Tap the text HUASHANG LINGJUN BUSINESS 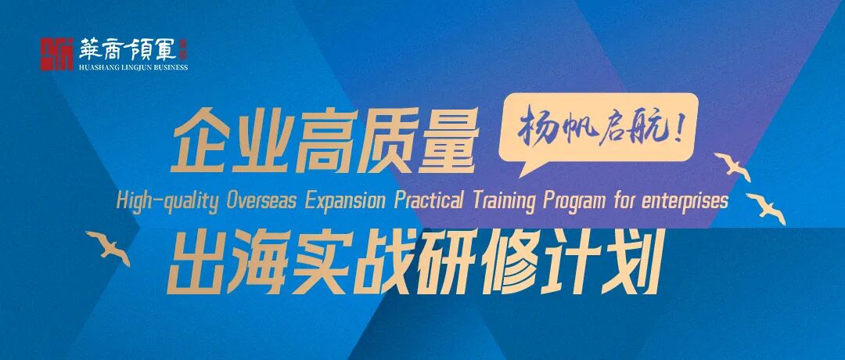tap(134, 67)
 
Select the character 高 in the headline tap(323, 142)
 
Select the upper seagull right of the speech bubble tap(732, 165)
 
